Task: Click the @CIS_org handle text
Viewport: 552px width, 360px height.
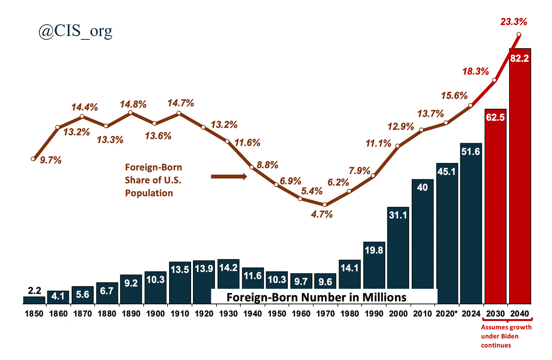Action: (x=75, y=31)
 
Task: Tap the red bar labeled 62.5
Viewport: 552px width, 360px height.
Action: (x=495, y=207)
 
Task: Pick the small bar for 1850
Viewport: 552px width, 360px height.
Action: (x=34, y=300)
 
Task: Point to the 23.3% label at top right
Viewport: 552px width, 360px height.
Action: (x=513, y=22)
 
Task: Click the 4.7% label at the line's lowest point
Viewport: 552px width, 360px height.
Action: (x=322, y=214)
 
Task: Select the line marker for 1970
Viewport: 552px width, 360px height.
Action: (x=325, y=205)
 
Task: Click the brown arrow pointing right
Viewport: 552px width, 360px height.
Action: (x=229, y=177)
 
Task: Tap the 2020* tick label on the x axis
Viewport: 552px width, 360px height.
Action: (x=447, y=314)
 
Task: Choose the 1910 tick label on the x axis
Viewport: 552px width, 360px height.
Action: (x=180, y=314)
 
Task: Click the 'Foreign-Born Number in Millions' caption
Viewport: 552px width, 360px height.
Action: (x=316, y=297)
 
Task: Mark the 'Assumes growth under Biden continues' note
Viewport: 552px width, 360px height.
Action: (x=506, y=336)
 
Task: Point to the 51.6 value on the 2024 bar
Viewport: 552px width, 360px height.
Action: (x=470, y=152)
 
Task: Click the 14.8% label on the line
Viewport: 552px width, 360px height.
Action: (x=133, y=104)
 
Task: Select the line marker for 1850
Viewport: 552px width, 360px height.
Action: (x=33, y=159)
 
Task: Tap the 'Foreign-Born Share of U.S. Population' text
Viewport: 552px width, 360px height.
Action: (x=153, y=180)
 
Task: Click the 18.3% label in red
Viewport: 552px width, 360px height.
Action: (x=475, y=71)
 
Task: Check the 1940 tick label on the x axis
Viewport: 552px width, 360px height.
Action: (x=252, y=314)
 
